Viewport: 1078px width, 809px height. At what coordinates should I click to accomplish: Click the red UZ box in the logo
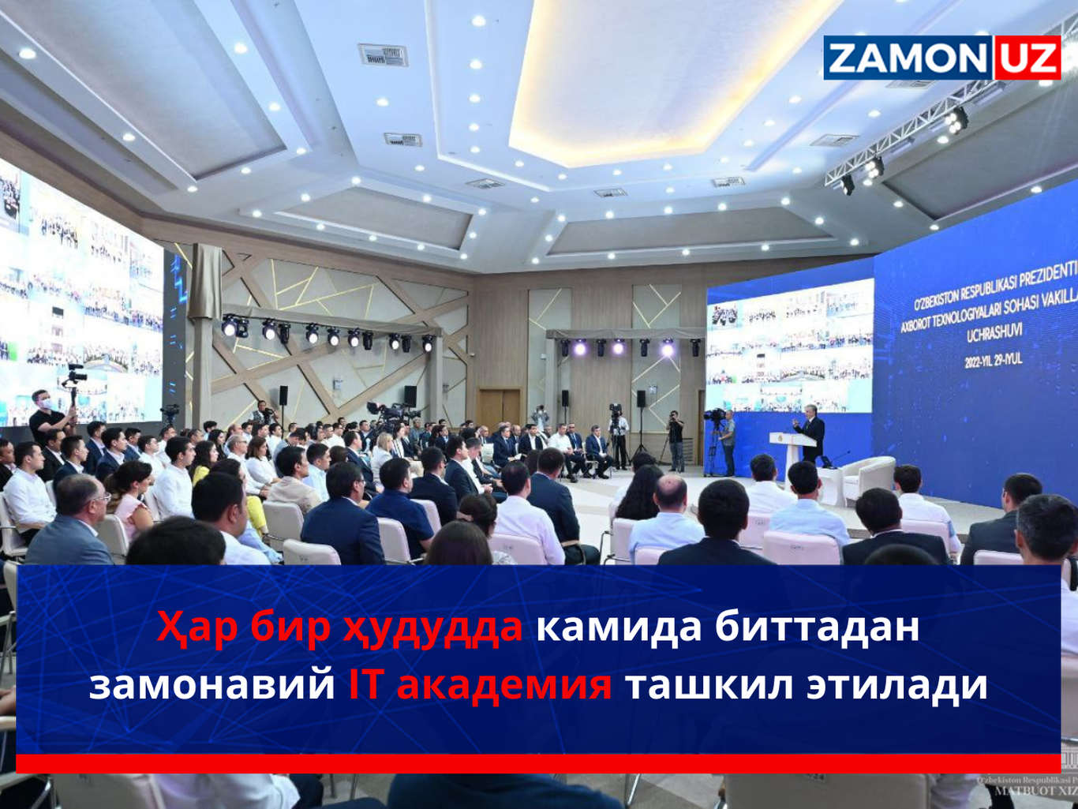click(1027, 58)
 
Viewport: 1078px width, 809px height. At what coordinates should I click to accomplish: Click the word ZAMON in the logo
click(908, 58)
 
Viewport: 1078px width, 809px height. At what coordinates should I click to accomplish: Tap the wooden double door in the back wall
click(500, 406)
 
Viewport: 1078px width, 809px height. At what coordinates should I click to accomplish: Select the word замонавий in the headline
click(211, 684)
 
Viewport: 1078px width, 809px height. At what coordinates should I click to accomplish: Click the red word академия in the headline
click(504, 684)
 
